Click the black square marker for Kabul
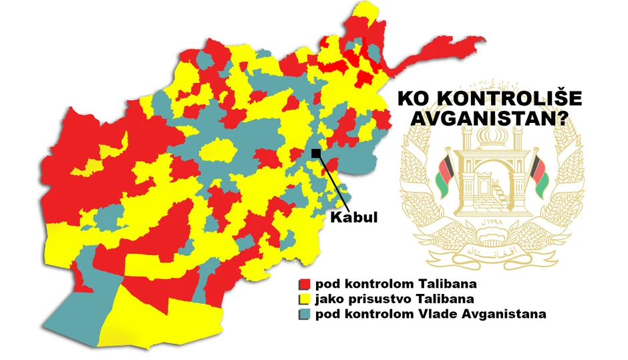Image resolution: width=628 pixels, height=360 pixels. [316, 154]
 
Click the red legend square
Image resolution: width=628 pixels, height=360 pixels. [305, 284]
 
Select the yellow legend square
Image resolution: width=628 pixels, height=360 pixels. [305, 299]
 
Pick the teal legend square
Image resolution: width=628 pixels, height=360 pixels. [305, 313]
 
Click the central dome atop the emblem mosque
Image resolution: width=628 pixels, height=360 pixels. [491, 137]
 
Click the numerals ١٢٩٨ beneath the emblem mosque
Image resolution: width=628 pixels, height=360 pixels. [491, 220]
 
